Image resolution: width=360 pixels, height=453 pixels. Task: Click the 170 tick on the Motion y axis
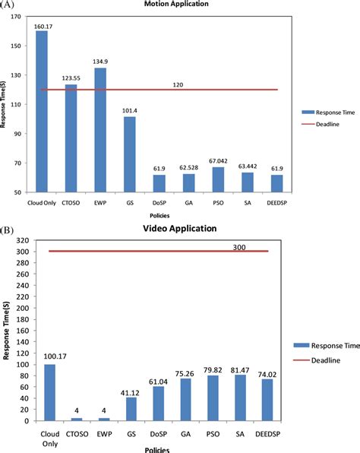click(17, 17)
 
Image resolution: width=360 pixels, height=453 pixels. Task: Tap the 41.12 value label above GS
click(131, 391)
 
